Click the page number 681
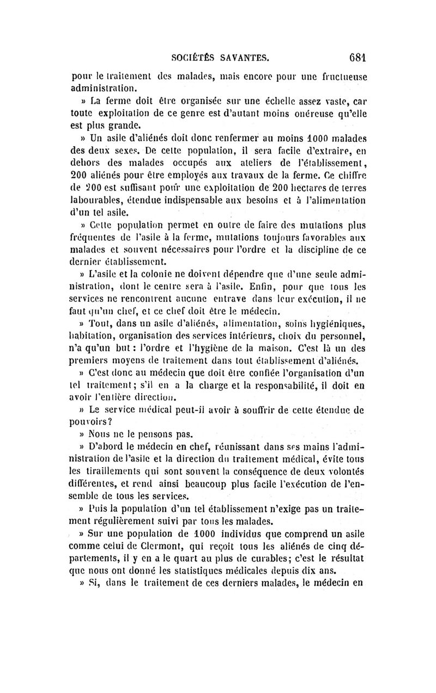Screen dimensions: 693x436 click(354, 56)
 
